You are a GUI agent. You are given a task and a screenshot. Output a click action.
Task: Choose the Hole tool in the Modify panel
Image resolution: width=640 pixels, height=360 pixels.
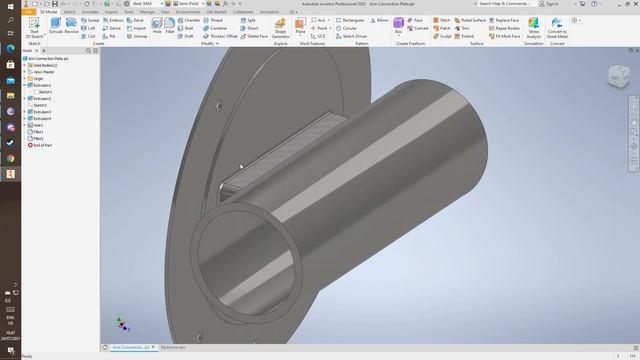pyautogui.click(x=157, y=23)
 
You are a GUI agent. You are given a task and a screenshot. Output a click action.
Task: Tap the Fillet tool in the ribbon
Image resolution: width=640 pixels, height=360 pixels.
pyautogui.click(x=169, y=23)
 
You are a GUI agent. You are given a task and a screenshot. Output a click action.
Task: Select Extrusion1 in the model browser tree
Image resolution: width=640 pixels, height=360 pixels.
pyautogui.click(x=43, y=86)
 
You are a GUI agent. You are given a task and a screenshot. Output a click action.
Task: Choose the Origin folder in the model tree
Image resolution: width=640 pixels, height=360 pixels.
pyautogui.click(x=39, y=79)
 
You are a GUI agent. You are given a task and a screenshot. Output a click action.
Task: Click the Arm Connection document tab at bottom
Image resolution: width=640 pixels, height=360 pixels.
pyautogui.click(x=130, y=347)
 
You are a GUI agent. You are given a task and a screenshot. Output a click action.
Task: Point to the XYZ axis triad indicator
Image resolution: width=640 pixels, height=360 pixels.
pyautogui.click(x=122, y=323)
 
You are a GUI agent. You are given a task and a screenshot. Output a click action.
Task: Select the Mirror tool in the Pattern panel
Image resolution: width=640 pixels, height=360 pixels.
pyautogui.click(x=380, y=19)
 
